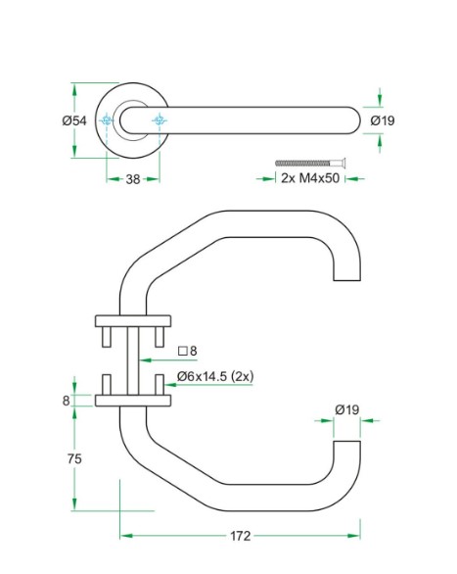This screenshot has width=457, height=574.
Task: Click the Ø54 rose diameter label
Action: (74, 120)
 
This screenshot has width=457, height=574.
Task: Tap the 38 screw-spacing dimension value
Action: (133, 179)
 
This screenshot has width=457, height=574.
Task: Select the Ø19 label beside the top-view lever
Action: (383, 120)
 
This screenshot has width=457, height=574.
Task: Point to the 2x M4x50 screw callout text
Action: (310, 178)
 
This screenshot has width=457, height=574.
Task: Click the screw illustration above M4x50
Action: (310, 163)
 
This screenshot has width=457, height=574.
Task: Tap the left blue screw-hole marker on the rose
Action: (107, 120)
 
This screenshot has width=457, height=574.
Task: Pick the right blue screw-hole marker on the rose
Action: (160, 120)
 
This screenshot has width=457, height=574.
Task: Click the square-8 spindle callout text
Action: (188, 351)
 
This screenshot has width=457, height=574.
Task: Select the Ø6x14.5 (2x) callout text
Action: (215, 376)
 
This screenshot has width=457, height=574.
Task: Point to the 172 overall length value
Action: (240, 536)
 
